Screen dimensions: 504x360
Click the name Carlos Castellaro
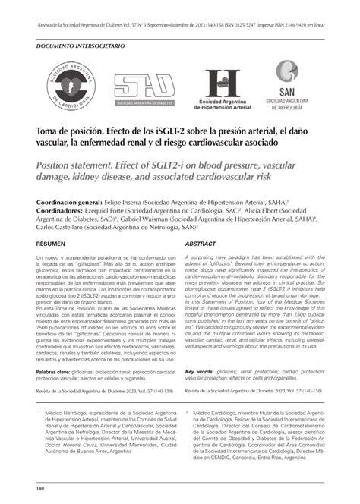pyautogui.click(x=58, y=226)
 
